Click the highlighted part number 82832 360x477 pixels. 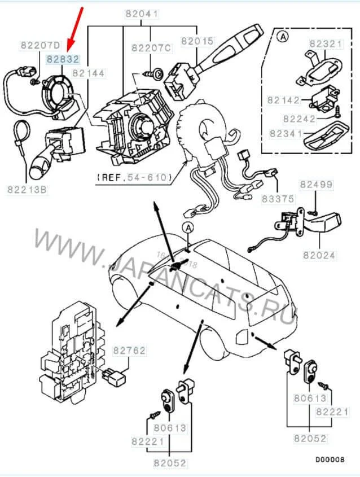pyautogui.click(x=63, y=58)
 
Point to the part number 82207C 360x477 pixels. pyautogui.click(x=151, y=49)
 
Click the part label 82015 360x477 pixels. pyautogui.click(x=197, y=41)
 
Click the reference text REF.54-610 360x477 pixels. pyautogui.click(x=134, y=177)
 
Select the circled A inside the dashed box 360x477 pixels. pyautogui.click(x=283, y=37)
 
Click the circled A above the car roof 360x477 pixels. pyautogui.click(x=187, y=227)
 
